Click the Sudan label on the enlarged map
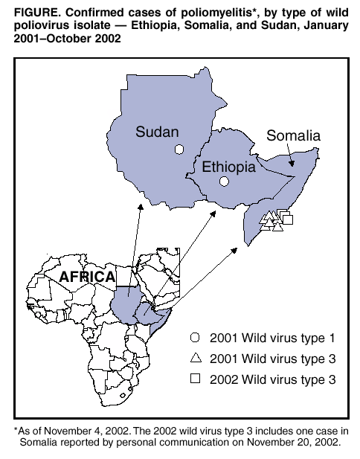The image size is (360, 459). tap(157, 132)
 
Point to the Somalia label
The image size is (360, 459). tap(293, 136)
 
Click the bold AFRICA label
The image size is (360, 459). tap(87, 277)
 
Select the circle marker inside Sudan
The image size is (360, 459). tap(179, 150)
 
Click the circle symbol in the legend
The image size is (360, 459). tap(195, 337)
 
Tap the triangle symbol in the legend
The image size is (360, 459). tap(195, 358)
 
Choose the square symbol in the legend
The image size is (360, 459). tap(195, 379)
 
